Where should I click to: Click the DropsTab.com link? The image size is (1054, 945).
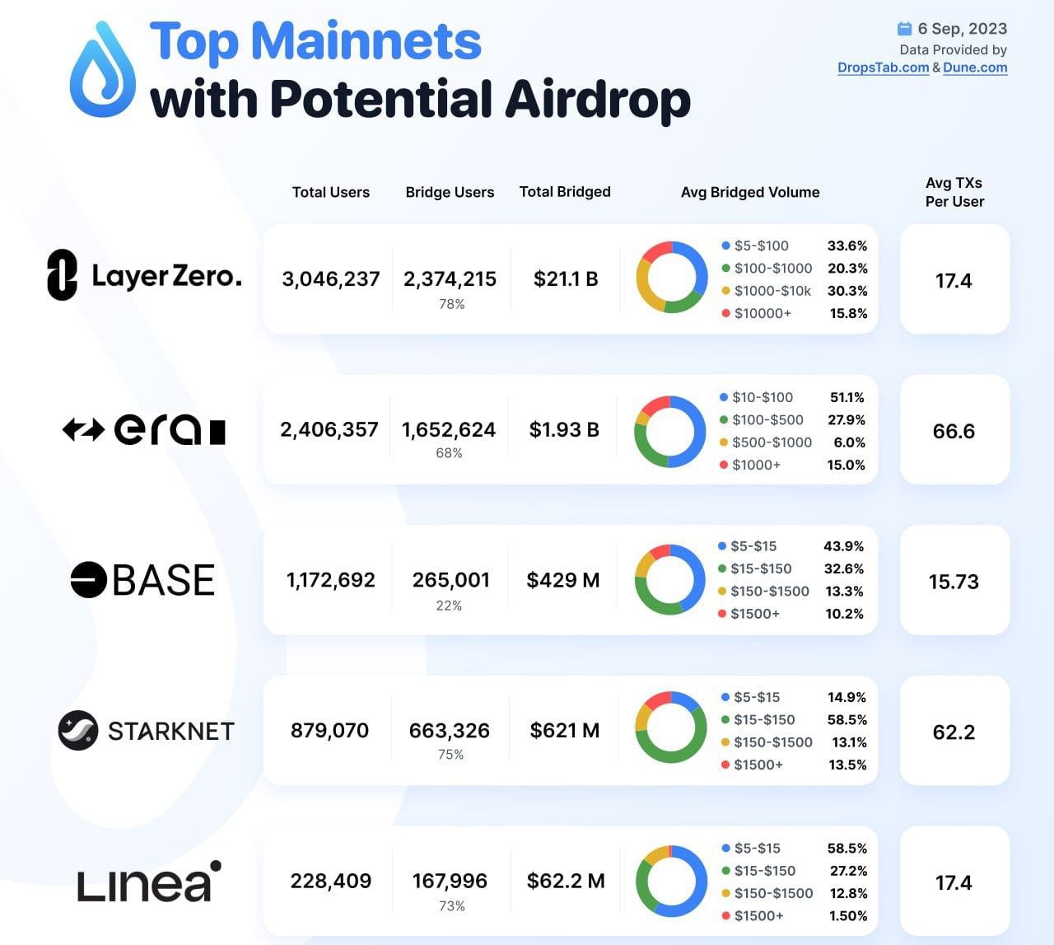click(883, 68)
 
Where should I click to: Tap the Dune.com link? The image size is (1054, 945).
click(975, 68)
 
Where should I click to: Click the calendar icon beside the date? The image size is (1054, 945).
click(905, 29)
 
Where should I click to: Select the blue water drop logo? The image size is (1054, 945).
click(103, 68)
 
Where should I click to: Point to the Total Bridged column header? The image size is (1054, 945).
click(565, 192)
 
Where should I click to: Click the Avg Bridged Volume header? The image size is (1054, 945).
click(750, 192)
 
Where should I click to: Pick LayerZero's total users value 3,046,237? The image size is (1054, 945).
click(331, 279)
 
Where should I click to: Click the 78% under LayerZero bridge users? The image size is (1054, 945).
click(451, 304)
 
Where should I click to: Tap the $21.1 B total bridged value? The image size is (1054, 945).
click(566, 279)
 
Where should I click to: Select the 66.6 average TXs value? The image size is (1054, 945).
click(954, 431)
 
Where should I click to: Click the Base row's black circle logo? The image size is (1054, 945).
click(88, 579)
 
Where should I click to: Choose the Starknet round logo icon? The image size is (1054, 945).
click(78, 730)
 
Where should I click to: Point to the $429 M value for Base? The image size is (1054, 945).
click(563, 580)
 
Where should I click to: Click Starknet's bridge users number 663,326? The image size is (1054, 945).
click(450, 731)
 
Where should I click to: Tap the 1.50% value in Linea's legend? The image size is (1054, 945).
click(847, 916)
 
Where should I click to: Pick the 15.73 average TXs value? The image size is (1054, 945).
click(954, 582)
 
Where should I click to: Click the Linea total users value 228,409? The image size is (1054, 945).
click(331, 881)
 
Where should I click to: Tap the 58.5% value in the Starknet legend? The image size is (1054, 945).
click(847, 720)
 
